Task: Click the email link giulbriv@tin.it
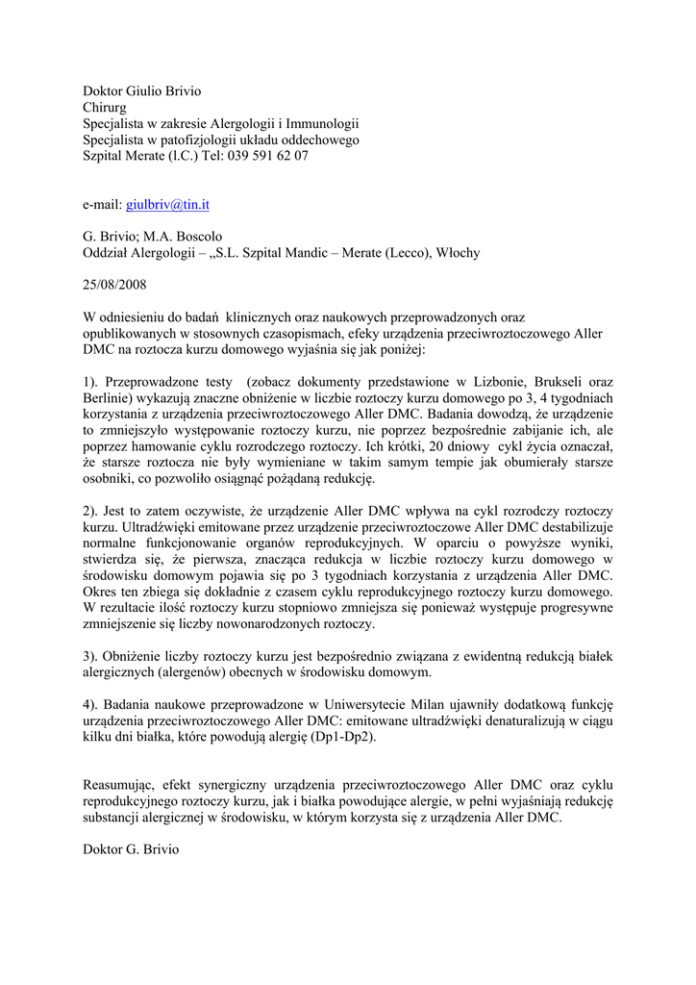[168, 205]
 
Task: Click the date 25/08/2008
[114, 286]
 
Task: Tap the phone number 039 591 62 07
[268, 156]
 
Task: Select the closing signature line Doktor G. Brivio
[131, 850]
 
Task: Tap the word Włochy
[458, 253]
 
